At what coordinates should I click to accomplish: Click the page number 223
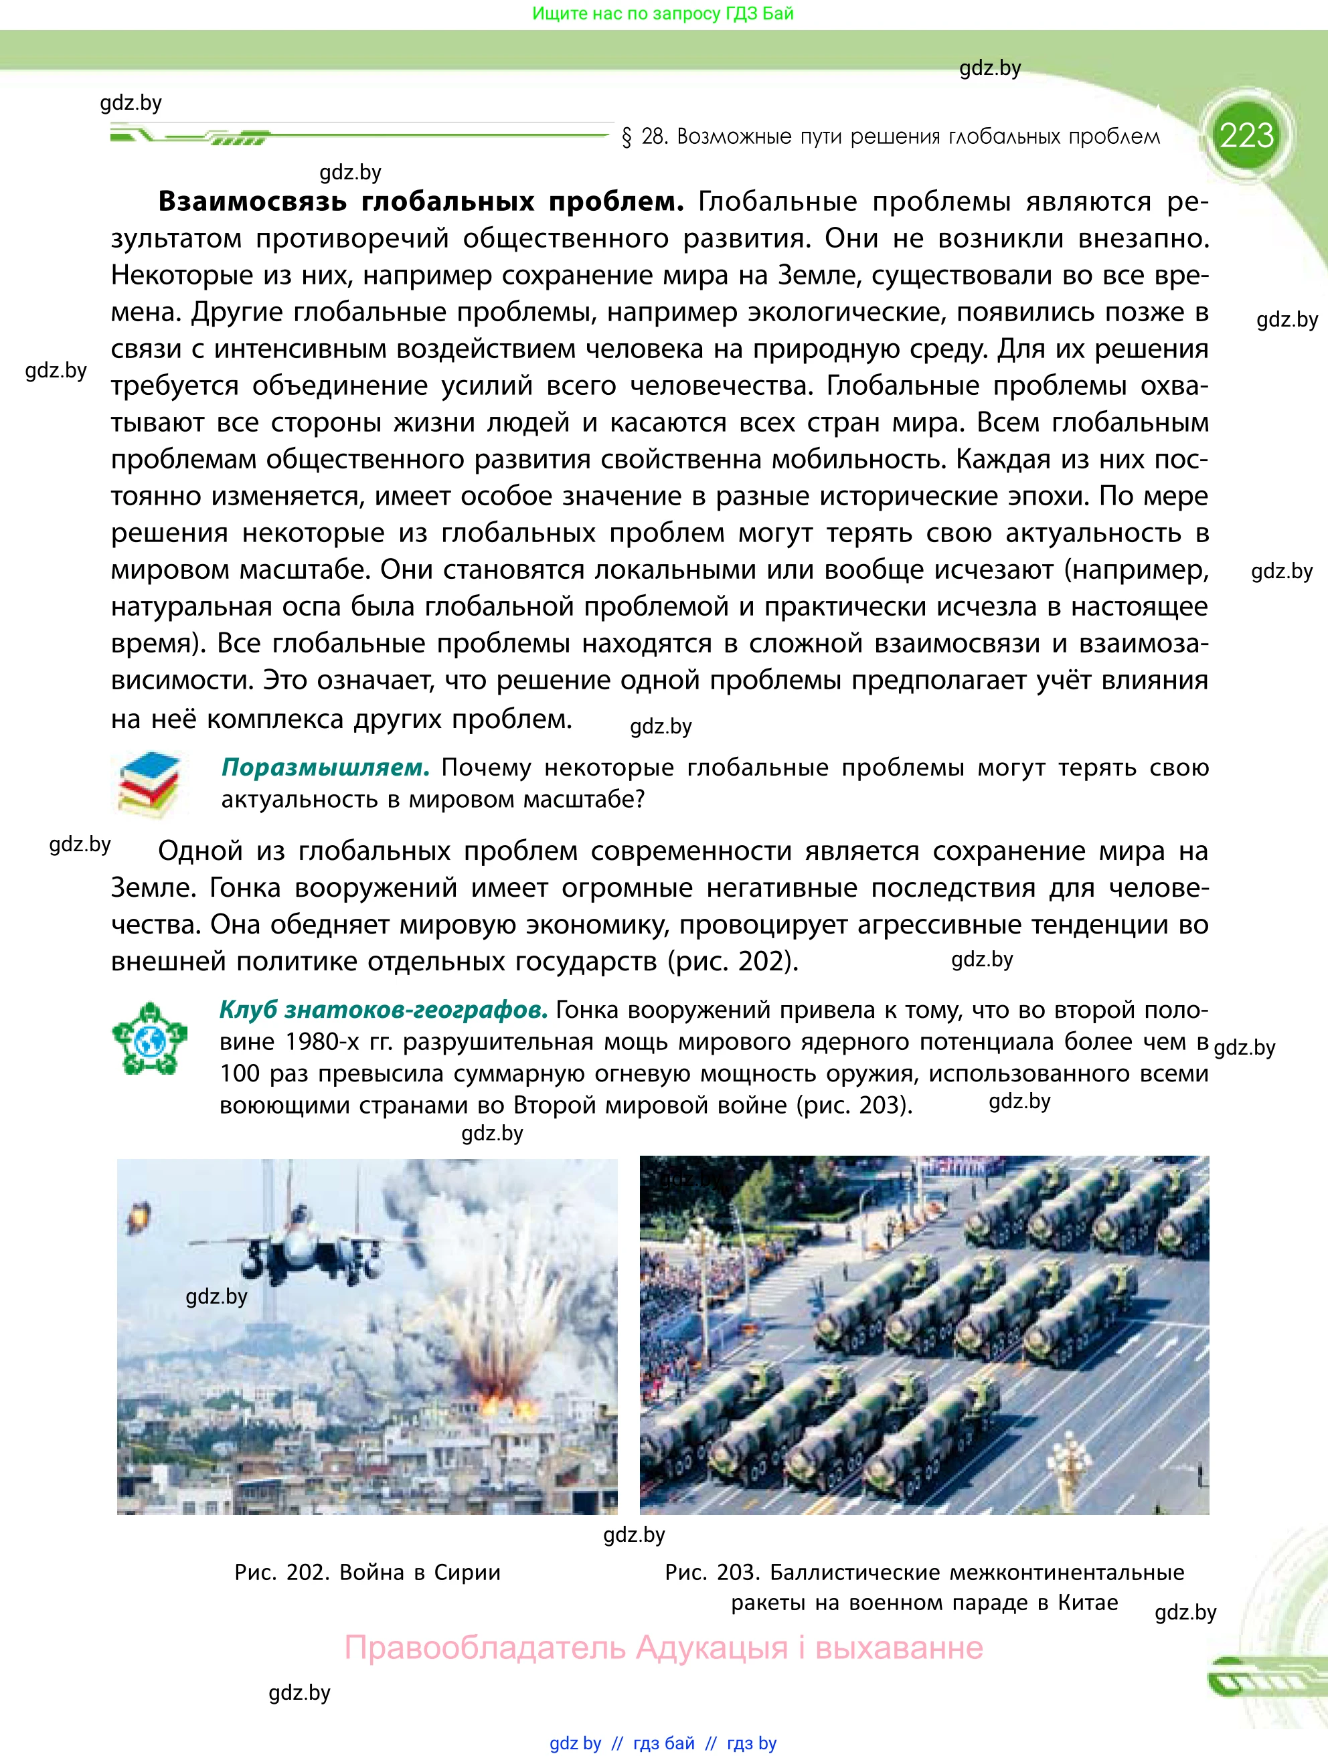1246,135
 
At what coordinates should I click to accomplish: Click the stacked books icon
149,784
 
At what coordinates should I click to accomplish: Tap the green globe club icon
149,1039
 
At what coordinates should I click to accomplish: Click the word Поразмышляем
325,767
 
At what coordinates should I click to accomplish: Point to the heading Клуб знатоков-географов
383,1010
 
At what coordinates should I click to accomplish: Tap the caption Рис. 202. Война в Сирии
367,1572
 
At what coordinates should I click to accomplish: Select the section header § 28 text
890,137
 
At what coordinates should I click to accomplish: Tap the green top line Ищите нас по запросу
662,13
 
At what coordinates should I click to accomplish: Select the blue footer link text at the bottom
663,1743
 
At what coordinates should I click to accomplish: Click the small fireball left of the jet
140,1215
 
